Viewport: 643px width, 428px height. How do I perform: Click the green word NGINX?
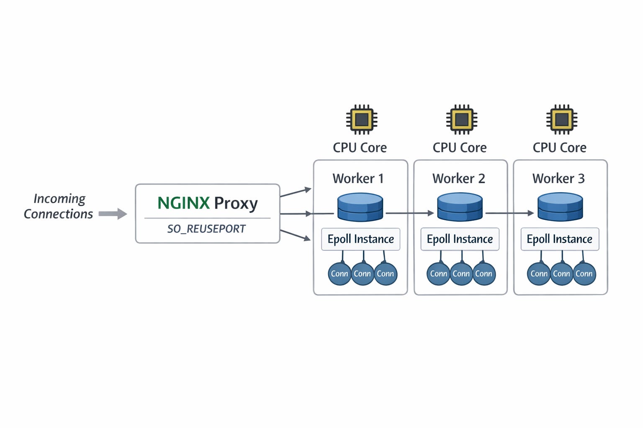pos(183,203)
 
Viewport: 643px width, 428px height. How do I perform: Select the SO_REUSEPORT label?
pos(206,229)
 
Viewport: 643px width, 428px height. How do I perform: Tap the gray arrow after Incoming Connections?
pos(113,214)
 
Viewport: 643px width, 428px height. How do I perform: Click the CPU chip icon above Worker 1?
pos(361,120)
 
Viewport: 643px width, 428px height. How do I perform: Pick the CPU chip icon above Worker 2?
pos(461,120)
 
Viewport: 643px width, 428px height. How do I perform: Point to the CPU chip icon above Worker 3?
pos(561,120)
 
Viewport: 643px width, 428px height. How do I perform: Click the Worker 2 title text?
pos(459,178)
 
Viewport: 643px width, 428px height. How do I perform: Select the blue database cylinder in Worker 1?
pos(360,206)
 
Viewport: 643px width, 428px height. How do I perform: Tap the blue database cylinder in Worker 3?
pos(560,206)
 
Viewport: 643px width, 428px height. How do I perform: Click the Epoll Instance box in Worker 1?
pos(360,239)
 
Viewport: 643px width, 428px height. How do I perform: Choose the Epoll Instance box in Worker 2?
pos(460,239)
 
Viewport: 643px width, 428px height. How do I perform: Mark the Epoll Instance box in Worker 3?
pos(560,239)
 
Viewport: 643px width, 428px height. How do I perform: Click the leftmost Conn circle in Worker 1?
pos(340,274)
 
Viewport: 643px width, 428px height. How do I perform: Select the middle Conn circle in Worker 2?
pos(461,274)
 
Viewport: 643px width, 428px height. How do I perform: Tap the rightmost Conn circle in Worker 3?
pos(584,274)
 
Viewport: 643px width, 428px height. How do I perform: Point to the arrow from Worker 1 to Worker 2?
pos(409,213)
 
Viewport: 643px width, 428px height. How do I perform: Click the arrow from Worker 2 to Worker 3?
pos(509,213)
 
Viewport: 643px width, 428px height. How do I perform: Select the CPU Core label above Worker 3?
pos(559,148)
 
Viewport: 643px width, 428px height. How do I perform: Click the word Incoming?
pos(59,199)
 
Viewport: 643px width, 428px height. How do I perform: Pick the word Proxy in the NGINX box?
pos(236,204)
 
